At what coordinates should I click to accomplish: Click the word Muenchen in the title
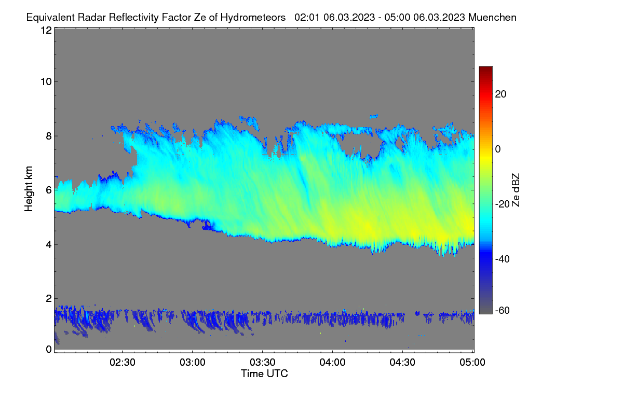pyautogui.click(x=492, y=17)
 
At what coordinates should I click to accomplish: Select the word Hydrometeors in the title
pyautogui.click(x=253, y=18)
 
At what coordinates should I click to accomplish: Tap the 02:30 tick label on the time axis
pyautogui.click(x=123, y=362)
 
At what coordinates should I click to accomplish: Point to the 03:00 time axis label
pyautogui.click(x=193, y=362)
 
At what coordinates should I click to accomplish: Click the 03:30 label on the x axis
pyautogui.click(x=262, y=362)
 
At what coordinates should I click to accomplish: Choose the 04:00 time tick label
pyautogui.click(x=332, y=362)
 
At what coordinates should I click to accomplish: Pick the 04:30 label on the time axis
pyautogui.click(x=402, y=362)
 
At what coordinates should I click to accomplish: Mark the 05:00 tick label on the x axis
pyautogui.click(x=472, y=362)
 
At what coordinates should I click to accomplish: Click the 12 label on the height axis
pyautogui.click(x=46, y=30)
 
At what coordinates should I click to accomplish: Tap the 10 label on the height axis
pyautogui.click(x=46, y=82)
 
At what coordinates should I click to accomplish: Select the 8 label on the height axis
pyautogui.click(x=49, y=136)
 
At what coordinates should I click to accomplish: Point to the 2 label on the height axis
pyautogui.click(x=49, y=298)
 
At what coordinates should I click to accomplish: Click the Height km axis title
pyautogui.click(x=29, y=189)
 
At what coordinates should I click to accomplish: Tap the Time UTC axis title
pyautogui.click(x=264, y=374)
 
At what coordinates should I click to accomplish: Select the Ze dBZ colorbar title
pyautogui.click(x=516, y=190)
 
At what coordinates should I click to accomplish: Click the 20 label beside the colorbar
pyautogui.click(x=500, y=94)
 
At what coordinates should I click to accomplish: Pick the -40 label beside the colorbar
pyautogui.click(x=503, y=259)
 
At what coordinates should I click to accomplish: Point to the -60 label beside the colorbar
pyautogui.click(x=503, y=310)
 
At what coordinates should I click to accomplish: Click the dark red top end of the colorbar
pyautogui.click(x=485, y=68)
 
